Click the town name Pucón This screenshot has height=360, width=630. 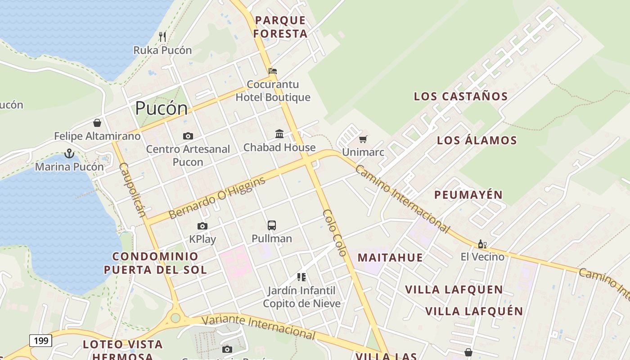(x=161, y=108)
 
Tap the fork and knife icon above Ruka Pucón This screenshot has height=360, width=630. (x=162, y=36)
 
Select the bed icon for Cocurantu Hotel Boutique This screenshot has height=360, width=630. (x=273, y=71)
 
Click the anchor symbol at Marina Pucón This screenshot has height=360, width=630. (x=69, y=154)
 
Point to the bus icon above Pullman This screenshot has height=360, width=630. (x=272, y=225)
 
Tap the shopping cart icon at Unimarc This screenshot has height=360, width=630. (x=363, y=139)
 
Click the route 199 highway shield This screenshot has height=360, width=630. (x=40, y=341)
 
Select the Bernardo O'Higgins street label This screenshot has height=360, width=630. (x=217, y=198)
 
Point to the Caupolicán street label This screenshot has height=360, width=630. (x=132, y=189)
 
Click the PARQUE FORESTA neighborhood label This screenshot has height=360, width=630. (x=280, y=27)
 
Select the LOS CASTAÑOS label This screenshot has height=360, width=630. (x=461, y=96)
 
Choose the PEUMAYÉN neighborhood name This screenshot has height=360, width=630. (x=468, y=195)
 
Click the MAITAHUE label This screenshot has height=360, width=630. (x=390, y=257)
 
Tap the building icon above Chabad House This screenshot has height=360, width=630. (x=279, y=134)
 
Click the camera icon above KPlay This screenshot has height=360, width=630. (x=202, y=226)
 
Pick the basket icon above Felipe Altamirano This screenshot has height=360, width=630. (x=97, y=122)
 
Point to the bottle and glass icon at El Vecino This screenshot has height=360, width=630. (x=482, y=244)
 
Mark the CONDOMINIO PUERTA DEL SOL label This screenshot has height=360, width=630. (x=155, y=263)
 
